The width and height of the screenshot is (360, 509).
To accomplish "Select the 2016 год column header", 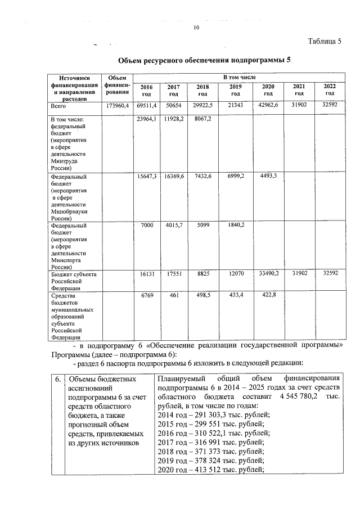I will point(146,90).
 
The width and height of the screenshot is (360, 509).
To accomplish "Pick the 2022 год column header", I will point(330,89).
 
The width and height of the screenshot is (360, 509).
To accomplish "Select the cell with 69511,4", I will point(146,106).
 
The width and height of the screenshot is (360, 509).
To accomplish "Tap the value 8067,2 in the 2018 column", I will point(202,119).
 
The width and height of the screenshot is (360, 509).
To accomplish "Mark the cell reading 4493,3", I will point(268,176).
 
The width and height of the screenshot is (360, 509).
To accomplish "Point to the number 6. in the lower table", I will point(58,379).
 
